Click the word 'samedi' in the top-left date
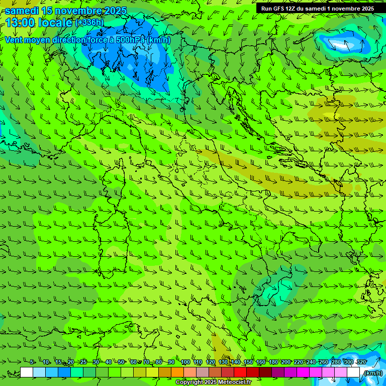[25, 11]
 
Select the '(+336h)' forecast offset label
[89, 23]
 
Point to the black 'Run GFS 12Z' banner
[317, 9]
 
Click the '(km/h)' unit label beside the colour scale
[373, 372]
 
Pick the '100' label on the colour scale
[185, 362]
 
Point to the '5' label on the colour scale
[32, 362]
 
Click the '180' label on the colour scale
[273, 362]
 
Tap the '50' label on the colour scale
[121, 362]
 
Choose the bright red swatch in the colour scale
[240, 372]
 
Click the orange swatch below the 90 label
[177, 372]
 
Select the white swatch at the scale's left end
[27, 372]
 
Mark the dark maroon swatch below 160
[265, 372]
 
